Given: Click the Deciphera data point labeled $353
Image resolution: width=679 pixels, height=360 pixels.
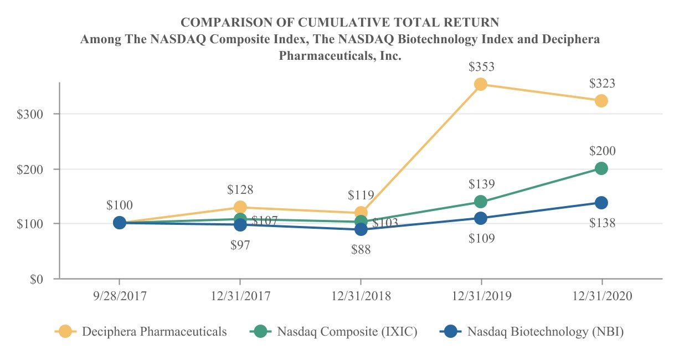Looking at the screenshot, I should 481,84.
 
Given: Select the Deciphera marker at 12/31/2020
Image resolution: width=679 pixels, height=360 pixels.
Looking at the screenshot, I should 601,101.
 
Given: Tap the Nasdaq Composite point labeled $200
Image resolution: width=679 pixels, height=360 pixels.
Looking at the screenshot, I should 601,168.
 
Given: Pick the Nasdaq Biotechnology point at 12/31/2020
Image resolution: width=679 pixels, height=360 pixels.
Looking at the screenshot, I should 601,203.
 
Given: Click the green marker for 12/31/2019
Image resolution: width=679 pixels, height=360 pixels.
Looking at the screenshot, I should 481,202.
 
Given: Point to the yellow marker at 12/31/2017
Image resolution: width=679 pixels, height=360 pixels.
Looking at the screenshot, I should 240,207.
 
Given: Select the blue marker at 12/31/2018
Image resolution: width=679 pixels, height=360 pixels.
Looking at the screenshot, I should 361,229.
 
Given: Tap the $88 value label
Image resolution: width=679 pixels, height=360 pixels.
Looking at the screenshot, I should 361,250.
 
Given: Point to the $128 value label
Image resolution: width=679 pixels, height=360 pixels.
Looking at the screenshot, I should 240,189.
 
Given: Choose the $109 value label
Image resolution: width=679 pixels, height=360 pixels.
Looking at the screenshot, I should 481,239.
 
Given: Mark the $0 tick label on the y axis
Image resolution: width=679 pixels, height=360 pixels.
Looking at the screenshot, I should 37,279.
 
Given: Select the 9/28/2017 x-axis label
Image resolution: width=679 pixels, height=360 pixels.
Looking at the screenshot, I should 120,296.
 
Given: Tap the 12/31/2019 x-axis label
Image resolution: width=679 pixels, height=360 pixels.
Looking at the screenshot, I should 481,296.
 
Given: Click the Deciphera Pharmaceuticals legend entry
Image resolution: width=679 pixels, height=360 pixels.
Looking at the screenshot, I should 154,332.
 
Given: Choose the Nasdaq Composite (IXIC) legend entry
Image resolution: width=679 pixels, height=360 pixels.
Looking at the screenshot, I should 347,332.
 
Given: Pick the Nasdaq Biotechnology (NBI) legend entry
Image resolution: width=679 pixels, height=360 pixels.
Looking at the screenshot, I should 546,332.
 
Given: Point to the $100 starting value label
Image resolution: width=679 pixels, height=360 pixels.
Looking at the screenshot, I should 120,205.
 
